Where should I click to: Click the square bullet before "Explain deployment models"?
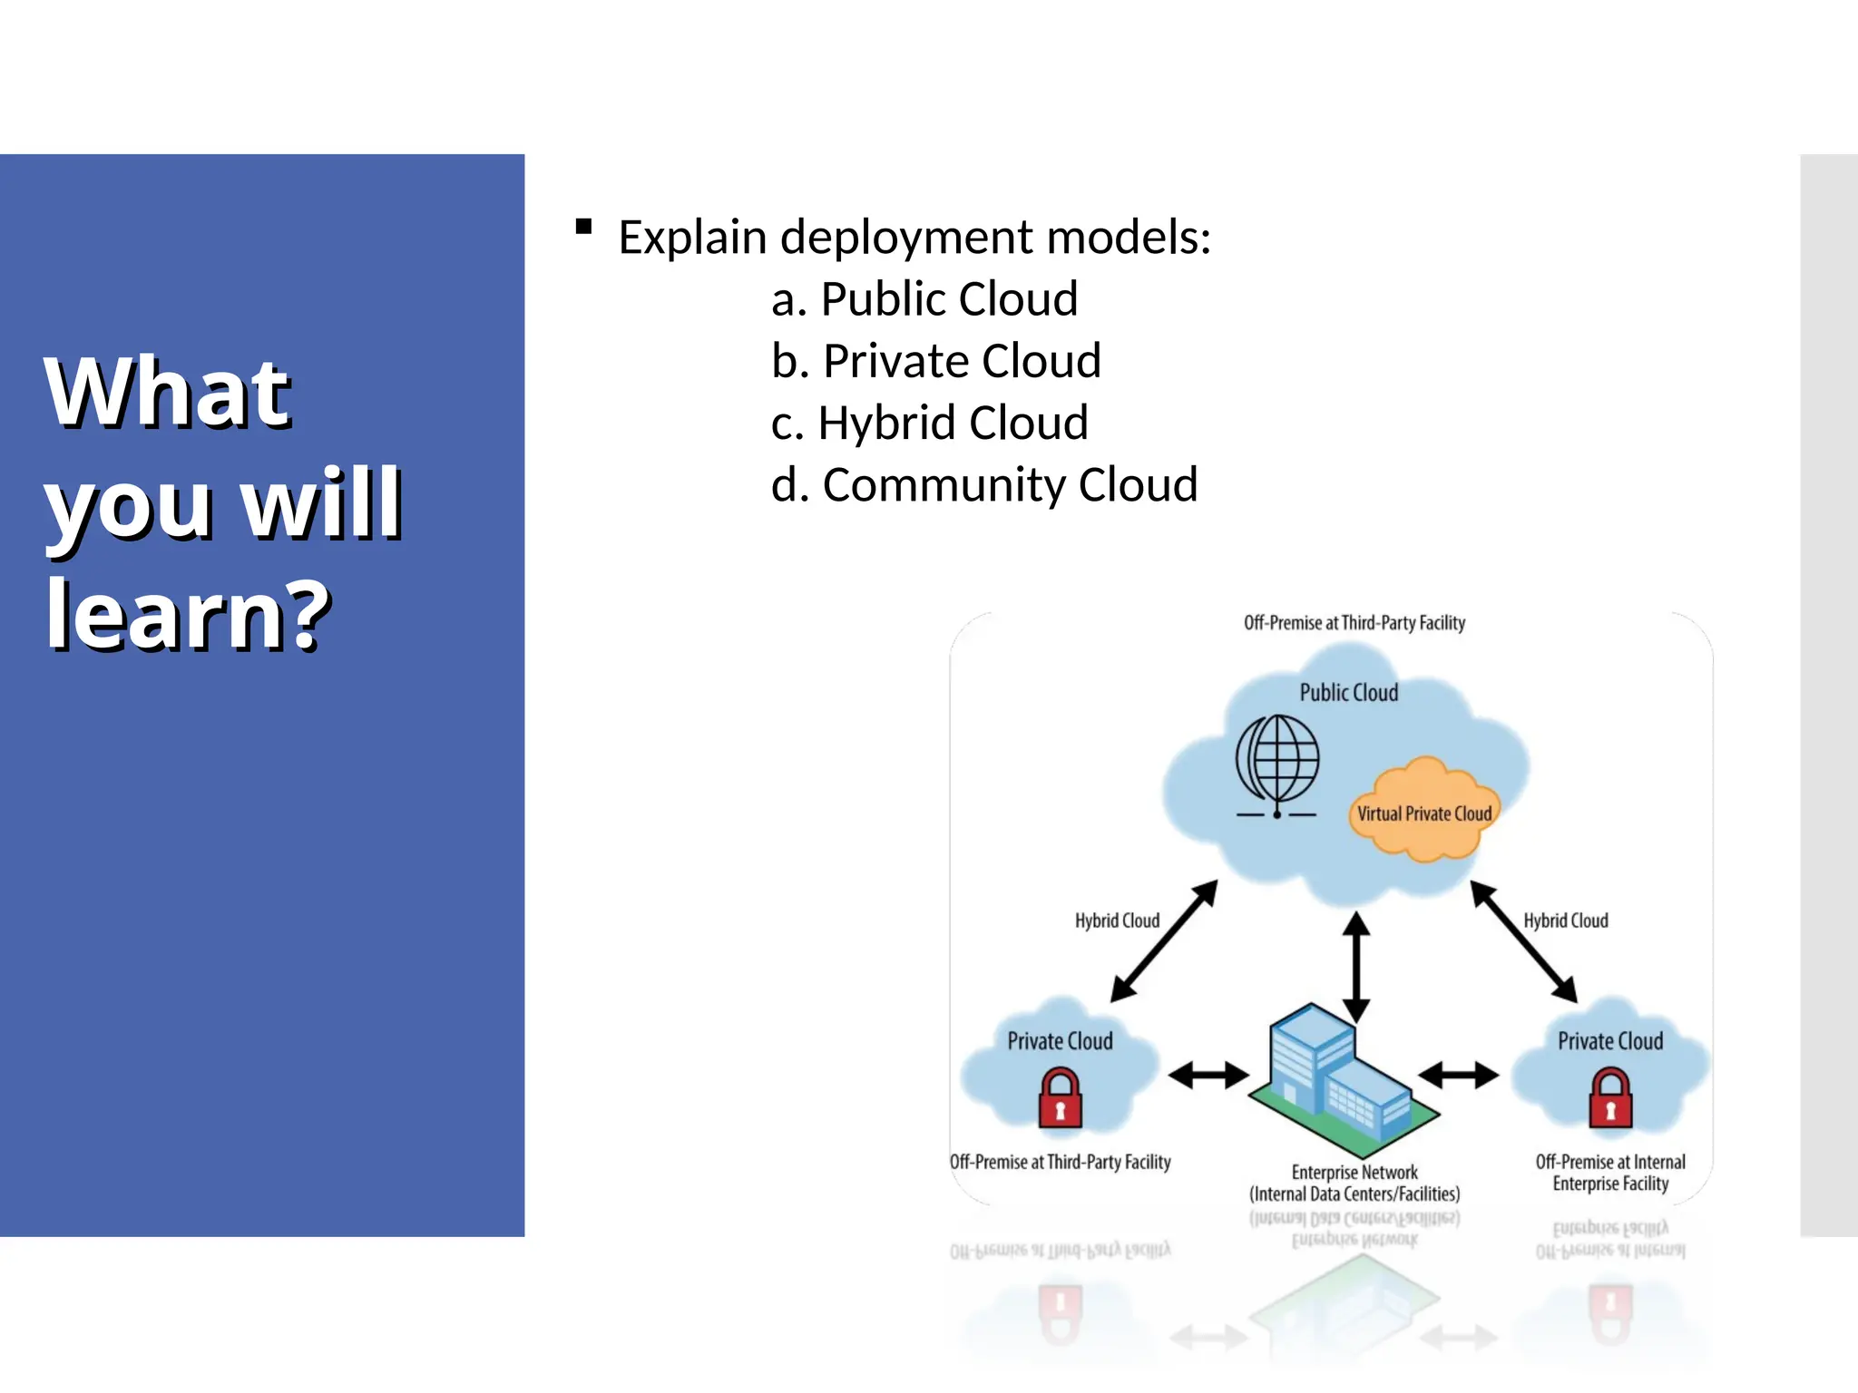coord(584,227)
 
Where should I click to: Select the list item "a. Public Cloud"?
coord(924,298)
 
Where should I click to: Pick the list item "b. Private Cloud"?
coord(935,361)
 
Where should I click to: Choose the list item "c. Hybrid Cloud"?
coord(929,423)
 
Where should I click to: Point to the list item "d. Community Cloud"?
coord(983,484)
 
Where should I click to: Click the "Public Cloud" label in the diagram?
coord(1348,693)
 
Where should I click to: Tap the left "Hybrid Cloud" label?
coord(1117,921)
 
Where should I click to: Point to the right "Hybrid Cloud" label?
coord(1565,921)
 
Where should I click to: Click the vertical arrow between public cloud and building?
coord(1355,967)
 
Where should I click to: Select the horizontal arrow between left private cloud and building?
coord(1208,1076)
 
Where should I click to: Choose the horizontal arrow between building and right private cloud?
coord(1458,1076)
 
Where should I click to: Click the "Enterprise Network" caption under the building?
coord(1354,1173)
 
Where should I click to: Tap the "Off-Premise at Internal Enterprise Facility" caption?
coord(1610,1173)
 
